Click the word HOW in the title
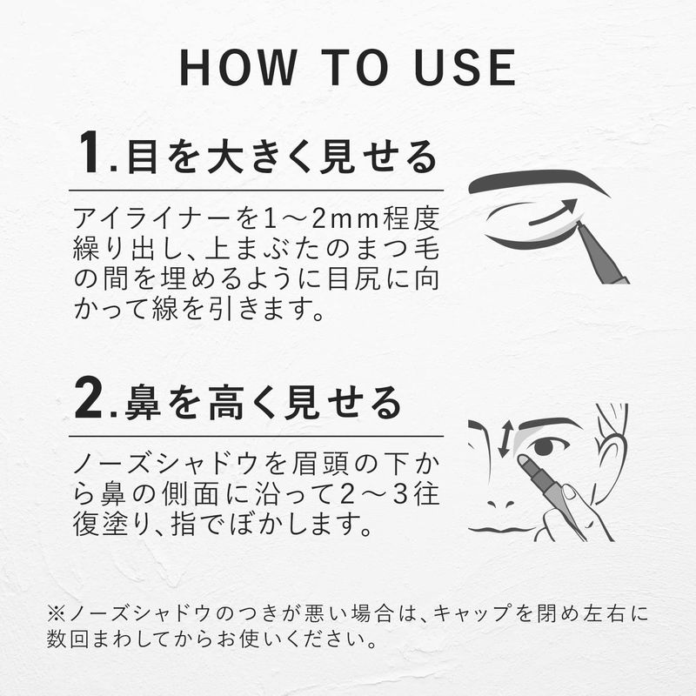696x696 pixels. [x=238, y=68]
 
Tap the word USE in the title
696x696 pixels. [x=465, y=68]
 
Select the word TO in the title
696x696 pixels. [x=354, y=68]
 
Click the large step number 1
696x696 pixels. [x=90, y=151]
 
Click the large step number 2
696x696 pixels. [x=90, y=398]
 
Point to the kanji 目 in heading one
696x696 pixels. [x=143, y=157]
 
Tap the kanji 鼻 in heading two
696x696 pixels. [x=143, y=403]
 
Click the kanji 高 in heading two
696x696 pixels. [x=226, y=403]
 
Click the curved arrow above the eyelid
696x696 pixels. [x=552, y=212]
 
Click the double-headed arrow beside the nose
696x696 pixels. [x=505, y=438]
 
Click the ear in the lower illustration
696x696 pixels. [x=612, y=448]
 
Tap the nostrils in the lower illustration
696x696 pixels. [x=501, y=505]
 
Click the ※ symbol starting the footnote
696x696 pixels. [x=57, y=614]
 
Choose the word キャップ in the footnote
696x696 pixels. [x=472, y=614]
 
